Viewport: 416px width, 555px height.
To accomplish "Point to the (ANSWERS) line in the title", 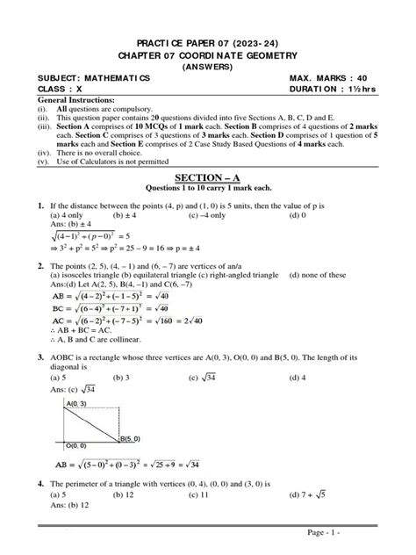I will (208, 66).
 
